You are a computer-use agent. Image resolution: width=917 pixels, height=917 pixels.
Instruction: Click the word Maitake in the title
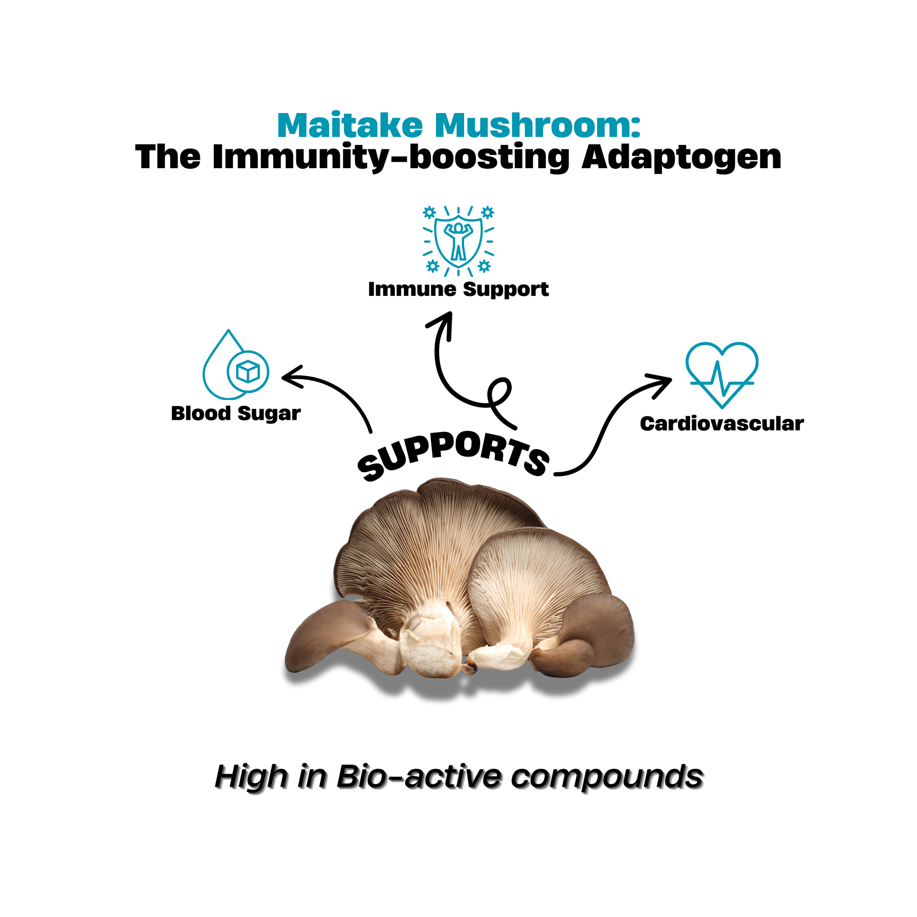350,125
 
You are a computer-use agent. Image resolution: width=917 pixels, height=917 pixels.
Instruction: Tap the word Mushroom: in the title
538,125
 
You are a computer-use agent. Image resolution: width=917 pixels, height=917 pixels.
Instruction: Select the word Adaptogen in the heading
681,157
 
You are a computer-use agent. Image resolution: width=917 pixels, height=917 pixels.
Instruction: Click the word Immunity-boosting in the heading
391,157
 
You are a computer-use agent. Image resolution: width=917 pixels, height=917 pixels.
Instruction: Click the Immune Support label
458,289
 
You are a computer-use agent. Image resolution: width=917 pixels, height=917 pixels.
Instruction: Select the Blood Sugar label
236,413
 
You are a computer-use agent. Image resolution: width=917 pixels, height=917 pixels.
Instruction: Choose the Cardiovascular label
721,424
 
